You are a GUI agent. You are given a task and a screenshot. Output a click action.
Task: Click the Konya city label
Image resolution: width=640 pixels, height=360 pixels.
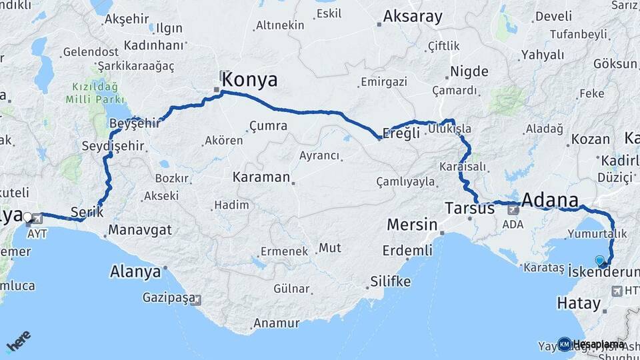pyautogui.click(x=249, y=80)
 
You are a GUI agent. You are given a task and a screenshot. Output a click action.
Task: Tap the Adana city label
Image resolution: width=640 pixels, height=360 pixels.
pyautogui.click(x=550, y=200)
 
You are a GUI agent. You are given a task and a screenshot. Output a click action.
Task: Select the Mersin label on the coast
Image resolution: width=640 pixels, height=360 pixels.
pyautogui.click(x=412, y=224)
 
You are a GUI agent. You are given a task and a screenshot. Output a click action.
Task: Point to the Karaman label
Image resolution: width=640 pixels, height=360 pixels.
pyautogui.click(x=261, y=178)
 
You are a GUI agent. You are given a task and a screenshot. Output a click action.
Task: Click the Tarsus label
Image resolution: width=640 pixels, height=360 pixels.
pyautogui.click(x=470, y=208)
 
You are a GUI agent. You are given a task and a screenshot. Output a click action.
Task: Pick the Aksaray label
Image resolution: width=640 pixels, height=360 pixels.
pyautogui.click(x=413, y=17)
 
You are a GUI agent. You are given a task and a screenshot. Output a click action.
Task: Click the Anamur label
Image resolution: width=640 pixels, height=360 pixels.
pyautogui.click(x=275, y=323)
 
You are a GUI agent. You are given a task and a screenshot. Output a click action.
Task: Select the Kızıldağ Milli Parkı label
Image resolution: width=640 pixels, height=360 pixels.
pyautogui.click(x=91, y=93)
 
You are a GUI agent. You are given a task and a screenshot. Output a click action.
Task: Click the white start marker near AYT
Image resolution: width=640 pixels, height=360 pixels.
pyautogui.click(x=27, y=217)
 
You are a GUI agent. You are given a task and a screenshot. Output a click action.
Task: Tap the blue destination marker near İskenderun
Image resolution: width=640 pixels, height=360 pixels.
pyautogui.click(x=599, y=261)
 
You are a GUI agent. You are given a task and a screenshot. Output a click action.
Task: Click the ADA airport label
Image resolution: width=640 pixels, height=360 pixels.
pyautogui.click(x=513, y=225)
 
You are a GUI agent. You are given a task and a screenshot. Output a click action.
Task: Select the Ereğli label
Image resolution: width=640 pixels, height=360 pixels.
pyautogui.click(x=403, y=133)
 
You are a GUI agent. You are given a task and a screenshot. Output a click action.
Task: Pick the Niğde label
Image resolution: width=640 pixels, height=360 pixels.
pyautogui.click(x=469, y=71)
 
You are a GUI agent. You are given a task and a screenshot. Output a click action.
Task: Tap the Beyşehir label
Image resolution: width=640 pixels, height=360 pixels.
pyautogui.click(x=134, y=123)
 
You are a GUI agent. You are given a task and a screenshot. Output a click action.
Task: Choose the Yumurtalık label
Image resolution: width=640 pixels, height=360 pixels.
pyautogui.click(x=597, y=234)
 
